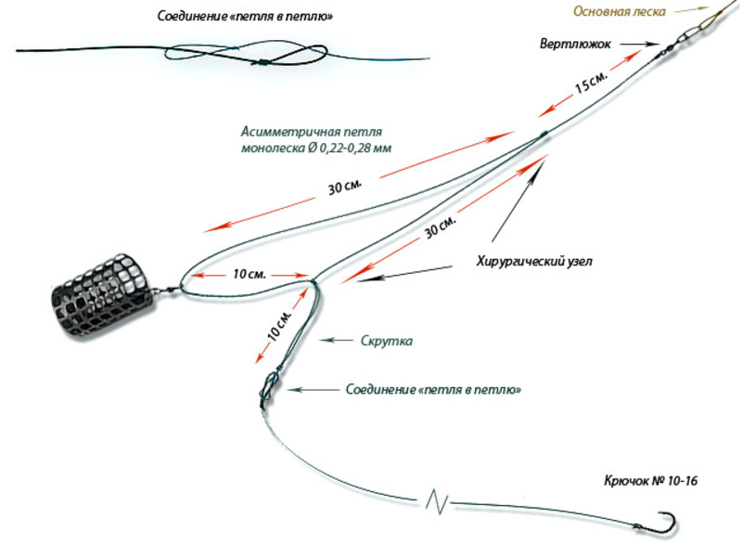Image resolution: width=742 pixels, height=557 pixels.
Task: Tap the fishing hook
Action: pos(660,523)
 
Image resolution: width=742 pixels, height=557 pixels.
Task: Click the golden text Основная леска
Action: pos(618,12)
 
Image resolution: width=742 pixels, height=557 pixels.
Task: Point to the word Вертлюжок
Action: pos(576,43)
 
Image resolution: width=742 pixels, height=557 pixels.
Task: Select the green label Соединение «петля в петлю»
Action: pos(432,390)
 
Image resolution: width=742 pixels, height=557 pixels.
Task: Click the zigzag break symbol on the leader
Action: pos(437,501)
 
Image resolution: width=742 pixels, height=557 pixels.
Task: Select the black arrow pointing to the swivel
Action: pos(637,43)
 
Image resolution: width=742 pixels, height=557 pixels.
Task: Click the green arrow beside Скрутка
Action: pos(334,341)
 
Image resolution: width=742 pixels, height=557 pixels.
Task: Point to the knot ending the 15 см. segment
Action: pos(543,135)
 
